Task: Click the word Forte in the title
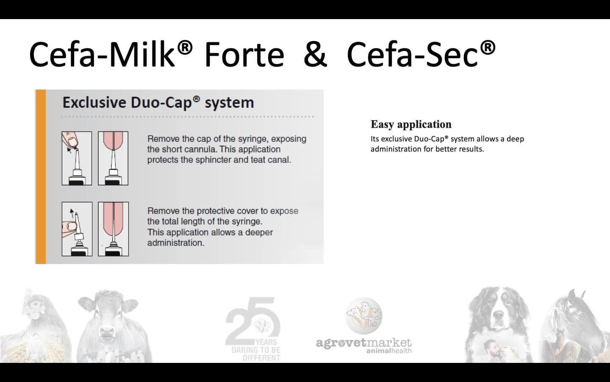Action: (244, 54)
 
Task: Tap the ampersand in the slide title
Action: (315, 54)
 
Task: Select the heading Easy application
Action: (411, 124)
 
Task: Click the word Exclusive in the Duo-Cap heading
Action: (94, 102)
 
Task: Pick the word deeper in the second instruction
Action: (259, 232)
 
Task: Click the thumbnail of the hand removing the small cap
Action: (77, 158)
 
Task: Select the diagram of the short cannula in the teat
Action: (113, 158)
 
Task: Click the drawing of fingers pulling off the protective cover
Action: (77, 229)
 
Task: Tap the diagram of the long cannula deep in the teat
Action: (113, 229)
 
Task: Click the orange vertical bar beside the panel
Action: (41, 177)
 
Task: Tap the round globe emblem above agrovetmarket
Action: (364, 316)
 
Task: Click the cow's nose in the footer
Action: (107, 332)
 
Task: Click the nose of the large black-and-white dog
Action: (499, 315)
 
